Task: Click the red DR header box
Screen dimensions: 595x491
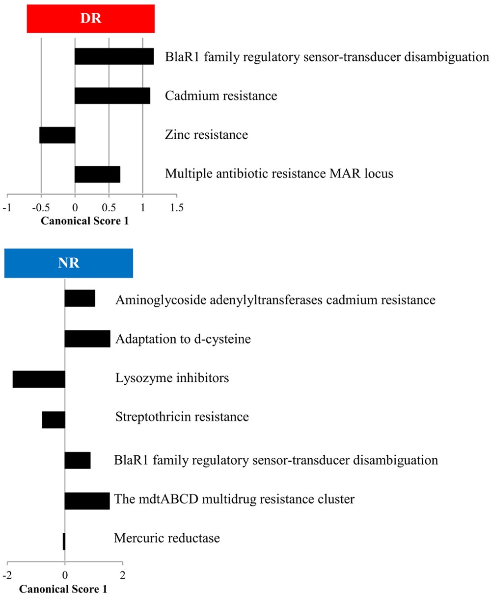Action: point(91,19)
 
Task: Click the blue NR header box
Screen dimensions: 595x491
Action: point(69,263)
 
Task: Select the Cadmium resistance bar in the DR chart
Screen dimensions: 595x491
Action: point(112,96)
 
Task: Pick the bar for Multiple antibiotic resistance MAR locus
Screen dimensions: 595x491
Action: point(97,174)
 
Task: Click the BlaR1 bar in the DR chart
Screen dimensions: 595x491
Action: point(114,56)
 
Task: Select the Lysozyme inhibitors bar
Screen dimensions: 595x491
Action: point(39,379)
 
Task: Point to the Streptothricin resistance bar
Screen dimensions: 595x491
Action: point(54,420)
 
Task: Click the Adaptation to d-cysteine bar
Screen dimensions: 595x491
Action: point(87,339)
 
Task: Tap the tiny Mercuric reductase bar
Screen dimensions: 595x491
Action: point(64,541)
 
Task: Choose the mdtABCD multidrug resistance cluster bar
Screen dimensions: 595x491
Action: point(87,500)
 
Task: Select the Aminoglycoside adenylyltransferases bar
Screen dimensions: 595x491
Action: point(80,298)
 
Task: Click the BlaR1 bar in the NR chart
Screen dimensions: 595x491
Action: point(78,460)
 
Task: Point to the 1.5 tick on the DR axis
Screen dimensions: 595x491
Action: point(177,208)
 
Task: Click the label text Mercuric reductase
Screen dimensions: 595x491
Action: point(166,538)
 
